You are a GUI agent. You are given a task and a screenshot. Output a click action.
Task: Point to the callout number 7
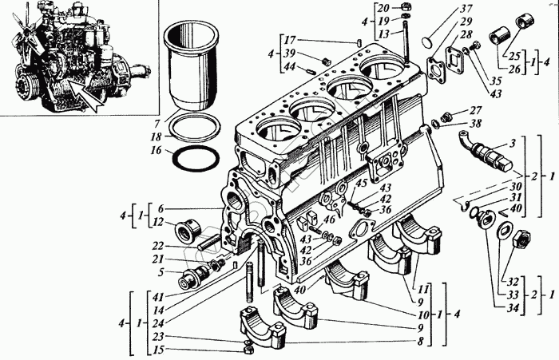pos(157,122)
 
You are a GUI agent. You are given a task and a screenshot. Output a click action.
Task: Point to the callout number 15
pos(158,350)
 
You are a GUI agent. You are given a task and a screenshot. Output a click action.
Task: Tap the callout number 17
pos(290,40)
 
